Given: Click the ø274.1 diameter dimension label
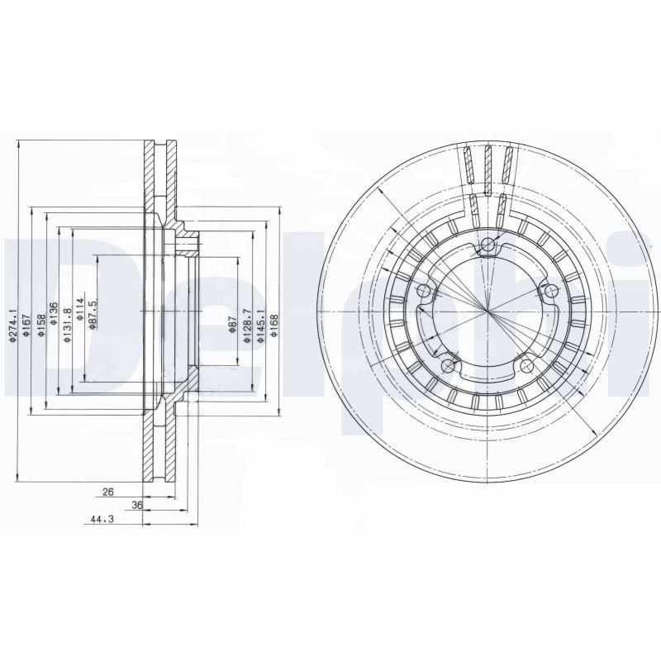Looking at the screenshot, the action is pos(12,325).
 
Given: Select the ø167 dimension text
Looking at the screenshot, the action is pos(26,325).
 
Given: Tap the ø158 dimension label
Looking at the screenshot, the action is pos(40,326).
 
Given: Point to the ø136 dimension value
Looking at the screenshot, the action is pos(53,314).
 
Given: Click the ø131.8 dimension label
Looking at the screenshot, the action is pos(67,325).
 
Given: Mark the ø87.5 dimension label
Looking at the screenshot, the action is pos(93,313).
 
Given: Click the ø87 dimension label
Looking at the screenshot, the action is pos(231,325).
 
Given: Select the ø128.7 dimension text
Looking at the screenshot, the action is pos(246,325).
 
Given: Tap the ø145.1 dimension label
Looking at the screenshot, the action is pos(260,325).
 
